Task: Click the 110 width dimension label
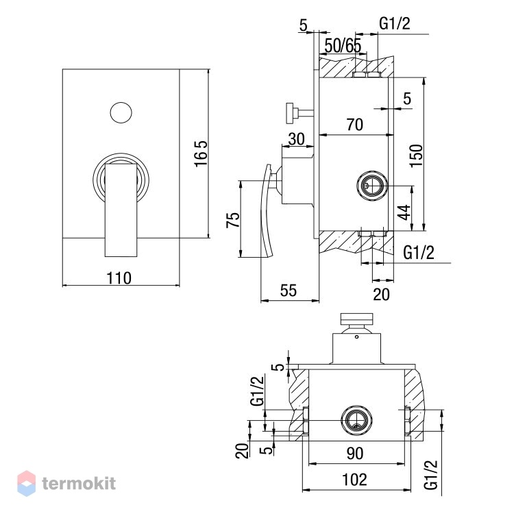(x=119, y=278)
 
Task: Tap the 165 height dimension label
(x=201, y=154)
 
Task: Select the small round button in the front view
(x=121, y=113)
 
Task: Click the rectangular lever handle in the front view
(x=121, y=210)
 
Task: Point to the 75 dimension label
(x=233, y=220)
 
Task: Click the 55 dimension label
(x=289, y=291)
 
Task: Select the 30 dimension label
(x=296, y=139)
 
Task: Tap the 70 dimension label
(x=355, y=125)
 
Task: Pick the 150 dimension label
(x=417, y=156)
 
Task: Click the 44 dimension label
(x=404, y=212)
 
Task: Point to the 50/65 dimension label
(x=343, y=46)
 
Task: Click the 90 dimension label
(x=355, y=454)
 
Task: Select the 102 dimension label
(x=355, y=480)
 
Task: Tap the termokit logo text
(x=79, y=483)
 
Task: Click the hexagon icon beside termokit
(x=26, y=483)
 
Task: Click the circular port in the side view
(x=372, y=186)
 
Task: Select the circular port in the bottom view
(x=356, y=421)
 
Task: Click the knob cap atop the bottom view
(x=356, y=318)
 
